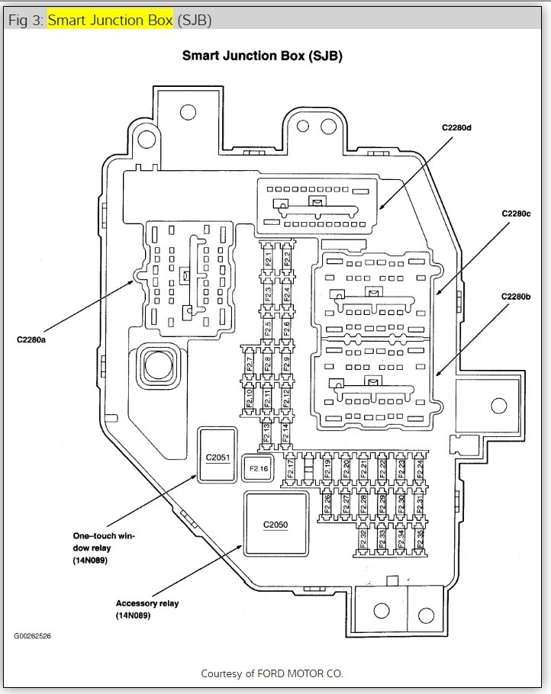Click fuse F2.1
(x=268, y=259)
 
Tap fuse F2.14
(x=285, y=433)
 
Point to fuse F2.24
(x=419, y=468)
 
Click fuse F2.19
(x=327, y=468)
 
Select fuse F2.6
(x=286, y=328)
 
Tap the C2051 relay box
(x=217, y=457)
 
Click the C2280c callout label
(x=516, y=214)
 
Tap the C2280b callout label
(x=516, y=296)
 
